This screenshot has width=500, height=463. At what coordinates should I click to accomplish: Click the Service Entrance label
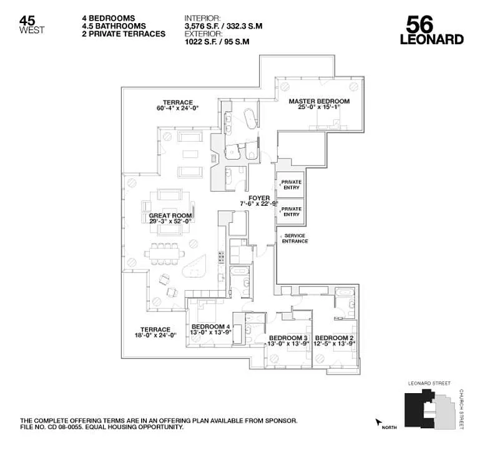[295, 238]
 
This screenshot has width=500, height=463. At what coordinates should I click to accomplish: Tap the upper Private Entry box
[291, 185]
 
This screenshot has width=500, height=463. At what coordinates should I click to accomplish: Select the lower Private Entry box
[291, 212]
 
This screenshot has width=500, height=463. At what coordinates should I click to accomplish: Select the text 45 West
[32, 25]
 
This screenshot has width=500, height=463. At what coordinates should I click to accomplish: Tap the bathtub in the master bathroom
[250, 119]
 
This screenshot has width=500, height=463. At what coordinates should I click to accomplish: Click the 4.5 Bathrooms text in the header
[114, 26]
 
